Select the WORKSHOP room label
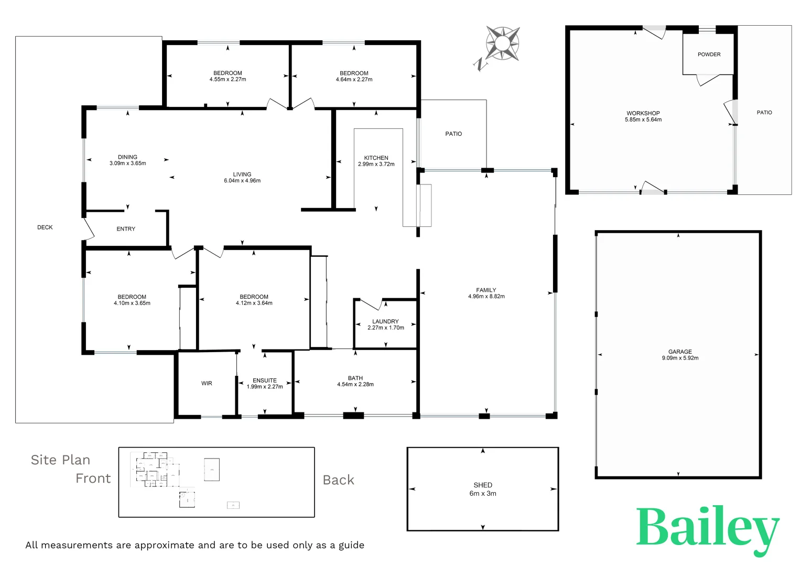tap(643, 113)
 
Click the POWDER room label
tap(709, 55)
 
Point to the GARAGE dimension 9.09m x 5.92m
tap(680, 358)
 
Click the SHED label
tap(483, 485)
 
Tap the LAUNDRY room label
tap(385, 321)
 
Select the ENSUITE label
tap(265, 380)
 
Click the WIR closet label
tap(207, 384)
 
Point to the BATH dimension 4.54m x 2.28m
tap(355, 385)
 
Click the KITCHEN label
tap(376, 158)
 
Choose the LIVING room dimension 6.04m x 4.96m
tap(242, 181)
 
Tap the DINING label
tap(127, 157)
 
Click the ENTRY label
tap(126, 229)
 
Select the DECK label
tap(45, 227)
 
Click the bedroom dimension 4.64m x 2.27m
tap(354, 80)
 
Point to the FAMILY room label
tap(486, 290)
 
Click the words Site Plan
tap(60, 460)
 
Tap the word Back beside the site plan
tap(339, 480)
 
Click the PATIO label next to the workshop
tap(764, 113)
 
